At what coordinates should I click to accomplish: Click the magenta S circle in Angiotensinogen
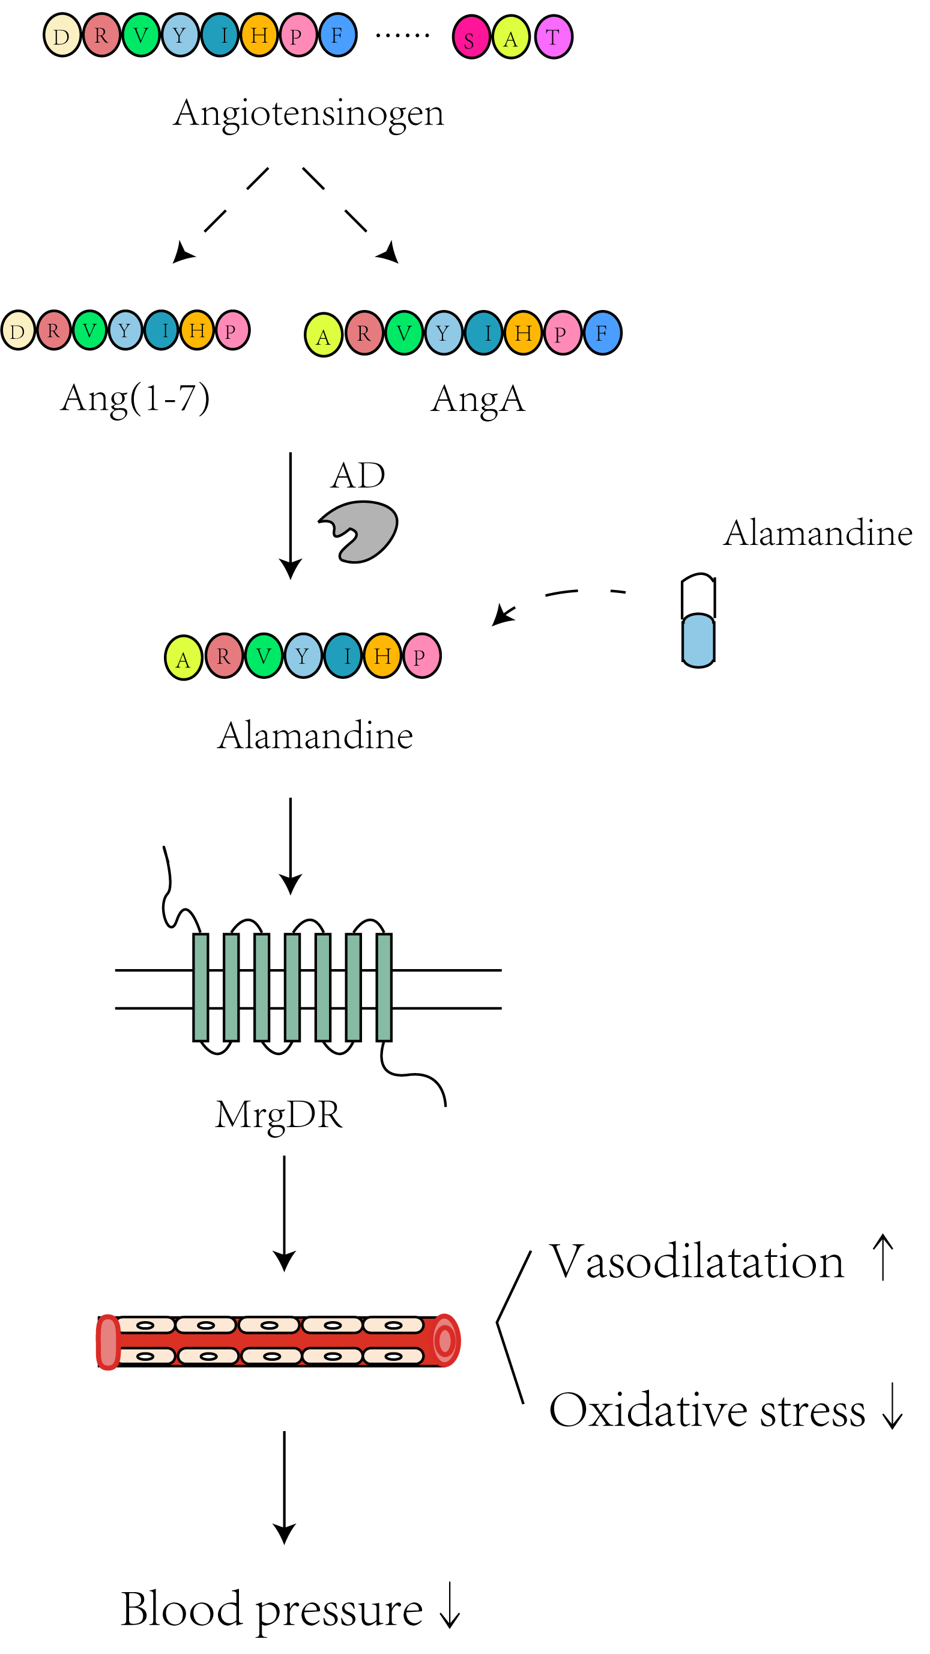(x=471, y=37)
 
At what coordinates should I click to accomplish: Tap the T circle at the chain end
(x=553, y=37)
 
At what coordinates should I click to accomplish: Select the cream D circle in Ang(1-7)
(x=17, y=330)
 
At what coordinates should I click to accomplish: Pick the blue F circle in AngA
(x=602, y=333)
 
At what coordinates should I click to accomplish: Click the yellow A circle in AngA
(x=323, y=335)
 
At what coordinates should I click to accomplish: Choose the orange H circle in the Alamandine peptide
(x=382, y=655)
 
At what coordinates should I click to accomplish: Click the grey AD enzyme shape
(x=361, y=532)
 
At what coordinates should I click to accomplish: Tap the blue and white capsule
(x=698, y=620)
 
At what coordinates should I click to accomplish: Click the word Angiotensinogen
(x=309, y=113)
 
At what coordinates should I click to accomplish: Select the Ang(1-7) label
(x=136, y=398)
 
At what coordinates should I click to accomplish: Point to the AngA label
(x=478, y=400)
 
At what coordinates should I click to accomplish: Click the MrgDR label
(x=279, y=1115)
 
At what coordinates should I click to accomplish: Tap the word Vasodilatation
(x=696, y=1262)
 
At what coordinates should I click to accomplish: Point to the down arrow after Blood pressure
(x=450, y=1605)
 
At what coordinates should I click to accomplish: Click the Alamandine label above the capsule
(x=818, y=533)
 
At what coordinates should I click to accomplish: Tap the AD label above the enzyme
(x=358, y=476)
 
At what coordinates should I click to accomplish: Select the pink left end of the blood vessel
(x=108, y=1342)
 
